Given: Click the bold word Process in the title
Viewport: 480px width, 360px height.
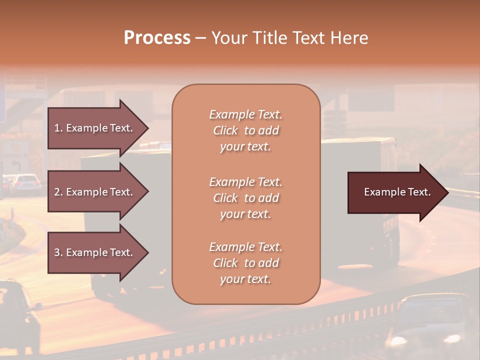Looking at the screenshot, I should pyautogui.click(x=157, y=38).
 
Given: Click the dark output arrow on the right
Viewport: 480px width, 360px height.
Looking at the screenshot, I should pyautogui.click(x=397, y=192).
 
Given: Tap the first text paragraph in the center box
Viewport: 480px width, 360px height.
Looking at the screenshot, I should pyautogui.click(x=245, y=130).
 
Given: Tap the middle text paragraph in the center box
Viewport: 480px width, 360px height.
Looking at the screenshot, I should pyautogui.click(x=245, y=198).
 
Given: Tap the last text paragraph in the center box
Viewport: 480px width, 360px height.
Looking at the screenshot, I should pyautogui.click(x=245, y=263).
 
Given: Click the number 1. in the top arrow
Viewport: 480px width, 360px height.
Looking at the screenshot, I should pyautogui.click(x=58, y=128).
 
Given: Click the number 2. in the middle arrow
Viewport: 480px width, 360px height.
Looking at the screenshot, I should pyautogui.click(x=58, y=192).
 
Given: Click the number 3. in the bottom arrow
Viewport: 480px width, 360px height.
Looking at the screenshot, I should pyautogui.click(x=58, y=252).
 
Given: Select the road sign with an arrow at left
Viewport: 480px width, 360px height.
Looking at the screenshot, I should pyautogui.click(x=15, y=156).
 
